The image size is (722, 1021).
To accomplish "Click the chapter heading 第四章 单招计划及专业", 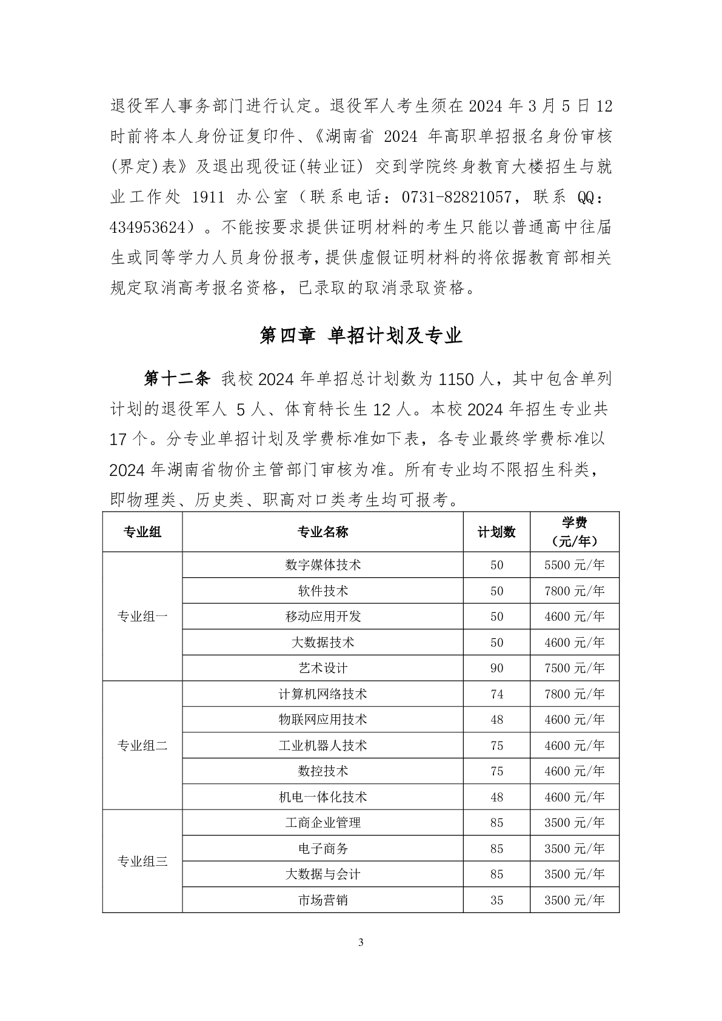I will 361,335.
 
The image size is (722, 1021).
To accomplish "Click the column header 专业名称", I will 323,532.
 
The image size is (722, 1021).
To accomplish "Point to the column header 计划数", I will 496,532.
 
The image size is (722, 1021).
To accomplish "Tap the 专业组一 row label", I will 142,617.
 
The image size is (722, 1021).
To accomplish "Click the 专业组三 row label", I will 142,861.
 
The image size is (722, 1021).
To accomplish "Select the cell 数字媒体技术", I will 323,564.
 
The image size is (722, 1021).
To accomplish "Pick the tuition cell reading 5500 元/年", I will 574,565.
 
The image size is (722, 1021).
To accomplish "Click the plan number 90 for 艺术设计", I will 496,668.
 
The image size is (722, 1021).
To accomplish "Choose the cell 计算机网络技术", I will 323,694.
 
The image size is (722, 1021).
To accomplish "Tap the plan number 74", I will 496,694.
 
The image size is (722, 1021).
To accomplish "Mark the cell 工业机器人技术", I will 323,745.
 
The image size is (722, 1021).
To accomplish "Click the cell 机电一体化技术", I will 323,797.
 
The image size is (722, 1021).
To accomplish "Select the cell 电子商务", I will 323,848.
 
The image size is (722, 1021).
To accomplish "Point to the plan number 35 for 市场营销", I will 496,900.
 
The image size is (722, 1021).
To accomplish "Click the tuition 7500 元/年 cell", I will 574,668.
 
